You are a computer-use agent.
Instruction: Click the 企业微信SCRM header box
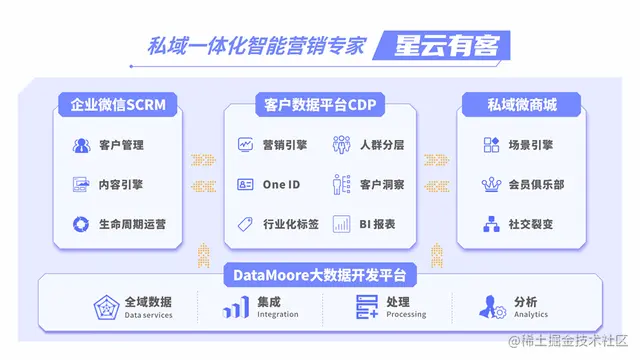point(118,105)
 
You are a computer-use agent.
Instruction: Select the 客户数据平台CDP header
point(320,105)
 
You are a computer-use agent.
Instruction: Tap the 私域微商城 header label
point(522,105)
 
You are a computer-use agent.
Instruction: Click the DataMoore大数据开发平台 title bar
point(320,275)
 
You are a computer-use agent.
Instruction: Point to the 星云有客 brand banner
point(442,45)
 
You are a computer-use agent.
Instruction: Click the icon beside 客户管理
point(81,145)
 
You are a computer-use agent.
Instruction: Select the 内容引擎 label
point(121,185)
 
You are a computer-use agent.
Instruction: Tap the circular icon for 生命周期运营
point(81,224)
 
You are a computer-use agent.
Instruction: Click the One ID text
point(281,185)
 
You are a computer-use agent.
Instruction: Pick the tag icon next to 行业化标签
point(245,224)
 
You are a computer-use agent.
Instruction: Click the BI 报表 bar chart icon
point(341,224)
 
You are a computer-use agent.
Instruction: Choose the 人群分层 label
point(382,145)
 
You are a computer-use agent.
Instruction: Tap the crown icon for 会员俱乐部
point(491,185)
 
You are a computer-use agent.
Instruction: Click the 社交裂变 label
point(531,224)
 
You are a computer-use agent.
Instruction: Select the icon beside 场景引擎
point(491,145)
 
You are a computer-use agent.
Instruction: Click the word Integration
point(278,314)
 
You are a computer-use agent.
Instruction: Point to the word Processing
point(406,314)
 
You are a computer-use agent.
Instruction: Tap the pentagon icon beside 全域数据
point(106,307)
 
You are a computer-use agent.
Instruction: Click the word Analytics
point(531,314)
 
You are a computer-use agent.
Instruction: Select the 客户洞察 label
point(382,185)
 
